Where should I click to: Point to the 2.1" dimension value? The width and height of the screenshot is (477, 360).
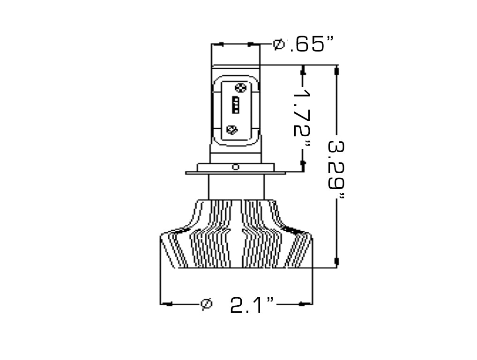click(252, 305)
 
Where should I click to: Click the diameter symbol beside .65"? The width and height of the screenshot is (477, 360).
click(278, 44)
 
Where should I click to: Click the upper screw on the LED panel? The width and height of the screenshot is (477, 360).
click(240, 87)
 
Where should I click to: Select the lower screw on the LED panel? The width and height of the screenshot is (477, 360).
click(232, 130)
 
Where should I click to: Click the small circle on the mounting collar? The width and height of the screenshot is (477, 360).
click(236, 167)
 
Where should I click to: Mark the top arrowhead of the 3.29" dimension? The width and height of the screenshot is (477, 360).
click(336, 71)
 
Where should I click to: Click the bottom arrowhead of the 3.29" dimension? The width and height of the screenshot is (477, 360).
click(336, 261)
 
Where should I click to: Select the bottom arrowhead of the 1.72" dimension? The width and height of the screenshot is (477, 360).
click(303, 163)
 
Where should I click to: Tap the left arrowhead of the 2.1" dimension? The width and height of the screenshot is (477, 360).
click(168, 304)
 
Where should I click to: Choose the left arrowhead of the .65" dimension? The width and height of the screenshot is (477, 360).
click(219, 44)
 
